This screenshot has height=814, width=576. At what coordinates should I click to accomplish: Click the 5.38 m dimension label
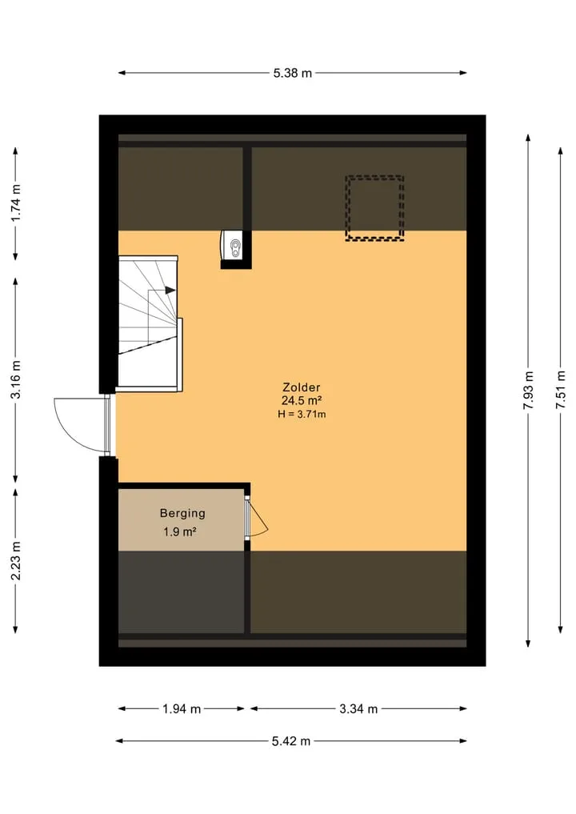293,73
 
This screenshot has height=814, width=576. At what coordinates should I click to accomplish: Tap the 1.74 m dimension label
16,203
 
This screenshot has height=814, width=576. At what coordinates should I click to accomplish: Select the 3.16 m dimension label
16,379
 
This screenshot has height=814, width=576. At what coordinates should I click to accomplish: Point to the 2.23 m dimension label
16,560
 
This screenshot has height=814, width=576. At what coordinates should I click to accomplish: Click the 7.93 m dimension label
528,390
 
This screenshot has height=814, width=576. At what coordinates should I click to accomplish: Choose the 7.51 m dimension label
561,390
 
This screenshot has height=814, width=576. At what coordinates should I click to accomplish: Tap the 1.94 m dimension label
182,709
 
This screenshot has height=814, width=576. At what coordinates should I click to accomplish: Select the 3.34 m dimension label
358,709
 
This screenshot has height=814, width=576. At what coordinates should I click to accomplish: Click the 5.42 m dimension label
291,741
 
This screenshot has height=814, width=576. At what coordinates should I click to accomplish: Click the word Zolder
301,387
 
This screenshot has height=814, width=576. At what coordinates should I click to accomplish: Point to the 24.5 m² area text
302,400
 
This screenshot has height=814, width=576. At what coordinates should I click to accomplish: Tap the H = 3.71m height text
302,415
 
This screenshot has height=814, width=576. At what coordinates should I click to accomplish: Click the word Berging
182,513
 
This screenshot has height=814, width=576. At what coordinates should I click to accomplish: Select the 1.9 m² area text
179,532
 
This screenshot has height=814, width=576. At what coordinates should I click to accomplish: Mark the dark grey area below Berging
181,592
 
